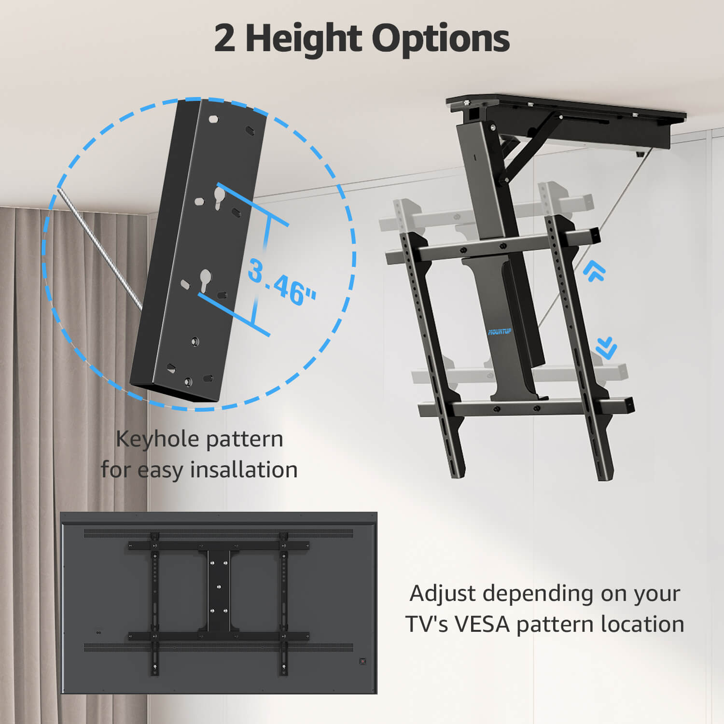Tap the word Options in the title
coord(441,39)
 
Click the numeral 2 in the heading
coord(225,39)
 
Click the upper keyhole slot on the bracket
coord(219,197)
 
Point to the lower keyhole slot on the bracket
coord(205,279)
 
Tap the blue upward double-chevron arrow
coord(594,272)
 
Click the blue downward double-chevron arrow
coord(606,348)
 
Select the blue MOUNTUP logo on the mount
coord(500,332)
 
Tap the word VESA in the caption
coord(482,624)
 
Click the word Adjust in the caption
coord(443,594)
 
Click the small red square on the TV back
coord(362,661)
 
